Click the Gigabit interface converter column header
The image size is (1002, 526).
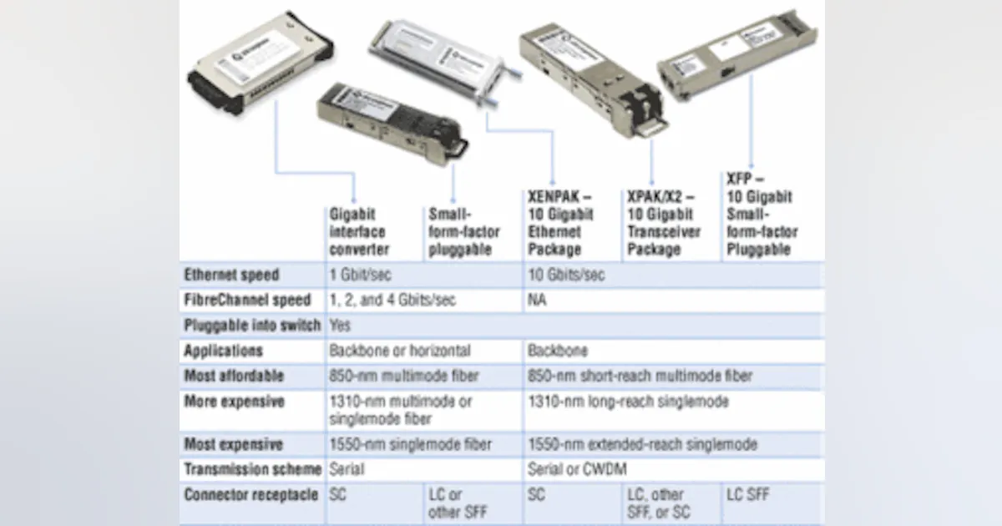tap(359, 230)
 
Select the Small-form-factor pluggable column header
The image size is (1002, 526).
tap(459, 230)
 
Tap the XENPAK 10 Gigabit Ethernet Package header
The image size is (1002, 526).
tap(560, 221)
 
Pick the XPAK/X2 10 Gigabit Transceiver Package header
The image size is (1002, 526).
tap(665, 222)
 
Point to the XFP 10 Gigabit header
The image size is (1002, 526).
tap(760, 214)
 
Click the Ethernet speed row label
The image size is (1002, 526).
tap(231, 275)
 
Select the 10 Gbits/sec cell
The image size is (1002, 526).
tap(566, 275)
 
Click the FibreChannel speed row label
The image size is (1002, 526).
tap(247, 300)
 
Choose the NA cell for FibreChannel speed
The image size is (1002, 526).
tap(537, 300)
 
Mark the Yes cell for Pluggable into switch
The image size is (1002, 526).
tap(340, 325)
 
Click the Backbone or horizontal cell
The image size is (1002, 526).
tap(399, 351)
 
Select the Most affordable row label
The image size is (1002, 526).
tap(234, 376)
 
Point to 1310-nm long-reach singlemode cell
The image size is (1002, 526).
tap(628, 402)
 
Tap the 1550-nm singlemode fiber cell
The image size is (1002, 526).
tap(410, 444)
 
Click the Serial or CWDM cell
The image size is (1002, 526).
tap(577, 469)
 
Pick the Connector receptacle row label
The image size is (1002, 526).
tap(251, 494)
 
